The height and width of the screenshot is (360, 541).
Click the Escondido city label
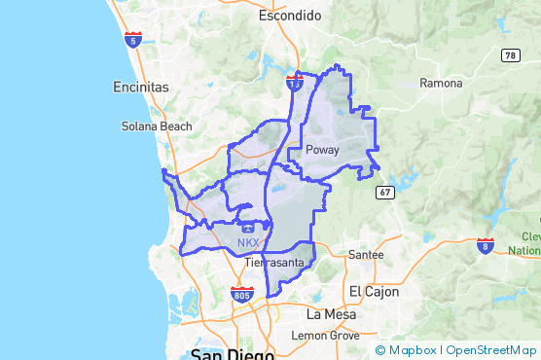click(290, 16)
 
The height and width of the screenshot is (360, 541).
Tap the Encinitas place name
click(141, 87)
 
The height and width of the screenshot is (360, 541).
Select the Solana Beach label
click(157, 126)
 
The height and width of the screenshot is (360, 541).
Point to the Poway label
click(322, 150)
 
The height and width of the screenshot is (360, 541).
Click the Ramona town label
click(441, 83)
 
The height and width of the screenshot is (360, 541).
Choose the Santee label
click(366, 254)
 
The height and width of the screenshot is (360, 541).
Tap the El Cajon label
click(369, 292)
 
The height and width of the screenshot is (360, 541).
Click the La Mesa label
click(327, 315)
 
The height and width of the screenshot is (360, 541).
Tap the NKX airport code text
click(248, 243)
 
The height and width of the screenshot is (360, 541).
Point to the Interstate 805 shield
click(243, 294)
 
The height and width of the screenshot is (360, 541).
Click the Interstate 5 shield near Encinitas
click(133, 40)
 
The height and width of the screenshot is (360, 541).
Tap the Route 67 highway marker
click(385, 193)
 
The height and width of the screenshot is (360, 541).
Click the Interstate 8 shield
click(485, 244)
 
